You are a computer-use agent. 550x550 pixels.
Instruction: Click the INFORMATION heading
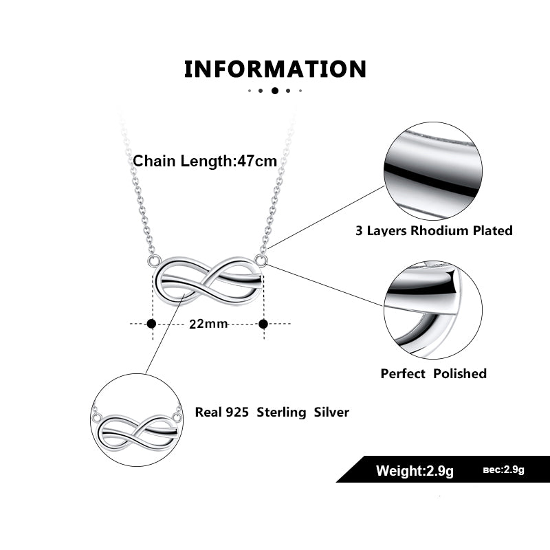coord(275,69)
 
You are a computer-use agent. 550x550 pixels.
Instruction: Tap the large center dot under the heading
coord(275,90)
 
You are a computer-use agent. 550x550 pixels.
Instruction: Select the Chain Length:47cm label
coord(205,161)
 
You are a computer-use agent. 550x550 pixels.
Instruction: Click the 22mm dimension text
coord(208,324)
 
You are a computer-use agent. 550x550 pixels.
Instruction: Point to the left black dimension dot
coord(152,323)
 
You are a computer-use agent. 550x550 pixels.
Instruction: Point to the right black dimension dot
coord(263,323)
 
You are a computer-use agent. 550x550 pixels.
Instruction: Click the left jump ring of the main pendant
coord(155,261)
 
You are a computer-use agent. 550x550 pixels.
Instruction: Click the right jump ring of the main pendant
coord(261,259)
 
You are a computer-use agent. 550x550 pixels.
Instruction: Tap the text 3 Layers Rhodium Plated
coord(434,230)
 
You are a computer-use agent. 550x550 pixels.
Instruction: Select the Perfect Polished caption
coord(434,373)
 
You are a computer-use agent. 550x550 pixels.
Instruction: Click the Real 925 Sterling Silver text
coord(272,412)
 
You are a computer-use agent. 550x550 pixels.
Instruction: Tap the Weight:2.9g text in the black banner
coord(415,471)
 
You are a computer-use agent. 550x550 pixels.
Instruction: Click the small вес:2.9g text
coord(503,470)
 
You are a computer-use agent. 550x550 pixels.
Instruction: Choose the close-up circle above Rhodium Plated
coord(432,171)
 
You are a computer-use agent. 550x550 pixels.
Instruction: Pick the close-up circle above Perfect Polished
coord(432,309)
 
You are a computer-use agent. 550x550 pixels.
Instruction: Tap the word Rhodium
coord(439,230)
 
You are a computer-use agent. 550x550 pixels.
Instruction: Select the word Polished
coord(460,373)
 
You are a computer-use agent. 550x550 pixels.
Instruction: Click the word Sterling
coord(283,412)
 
